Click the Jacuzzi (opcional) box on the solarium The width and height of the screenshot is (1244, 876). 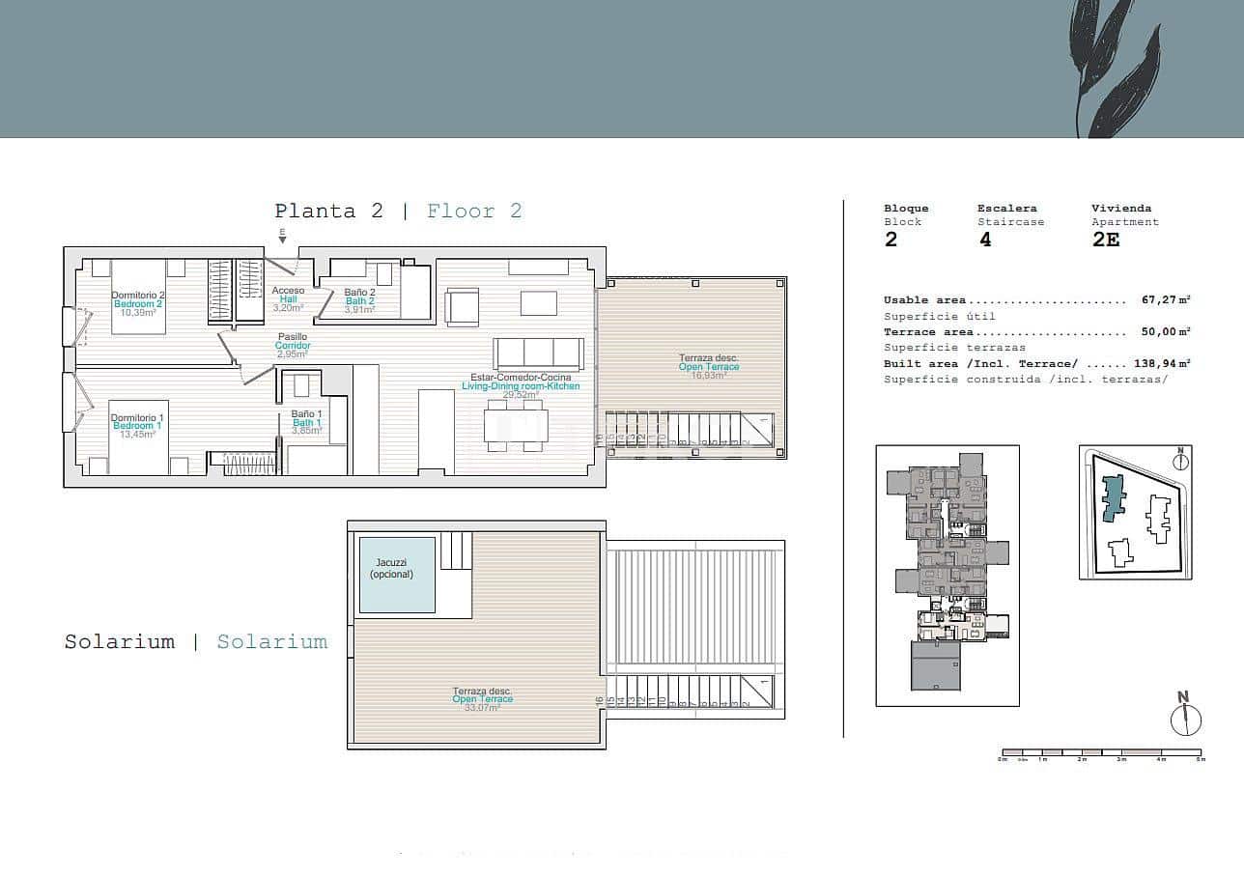tap(397, 575)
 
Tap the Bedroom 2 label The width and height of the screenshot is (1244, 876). tap(138, 304)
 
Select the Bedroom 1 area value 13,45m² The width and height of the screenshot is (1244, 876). tap(136, 435)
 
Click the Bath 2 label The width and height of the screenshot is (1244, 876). tap(359, 300)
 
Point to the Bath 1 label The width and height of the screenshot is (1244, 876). tap(306, 423)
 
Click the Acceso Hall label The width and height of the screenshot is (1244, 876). tap(288, 299)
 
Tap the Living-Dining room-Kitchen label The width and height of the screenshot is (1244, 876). tap(521, 385)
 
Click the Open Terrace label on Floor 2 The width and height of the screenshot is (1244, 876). tap(709, 367)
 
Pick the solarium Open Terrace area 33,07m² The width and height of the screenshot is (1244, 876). tap(482, 708)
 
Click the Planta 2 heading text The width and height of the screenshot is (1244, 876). tap(328, 212)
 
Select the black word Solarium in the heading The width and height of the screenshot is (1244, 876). tap(120, 641)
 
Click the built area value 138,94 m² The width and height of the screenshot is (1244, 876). tap(1161, 364)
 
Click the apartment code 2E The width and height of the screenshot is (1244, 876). tap(1106, 240)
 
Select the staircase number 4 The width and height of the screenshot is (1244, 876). tap(985, 240)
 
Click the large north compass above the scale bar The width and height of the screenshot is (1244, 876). tap(1185, 719)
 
